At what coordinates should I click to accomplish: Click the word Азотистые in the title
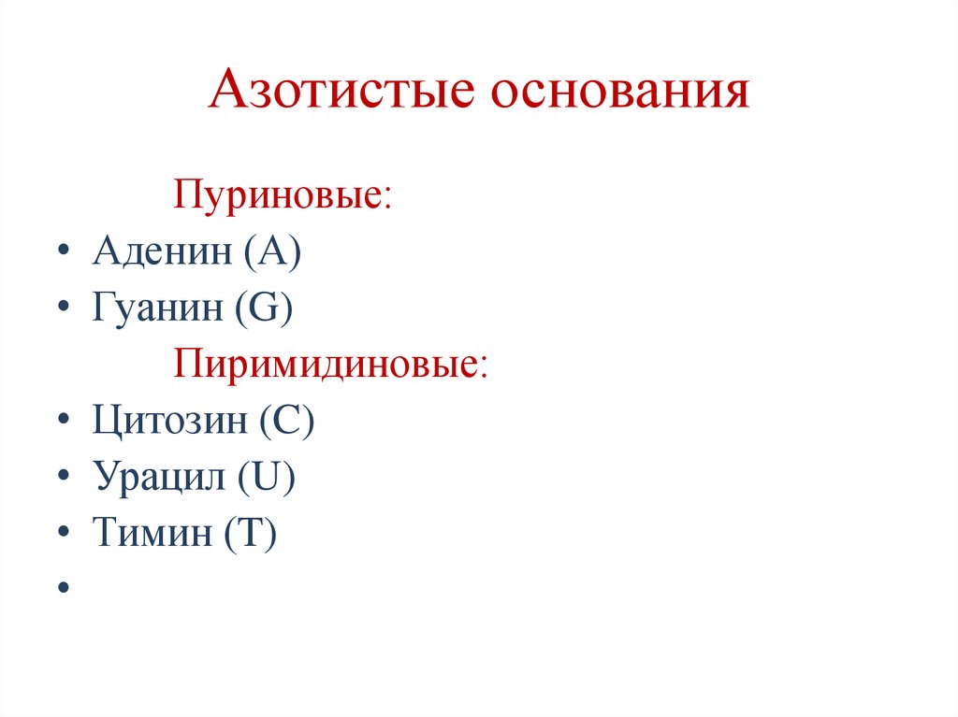[335, 93]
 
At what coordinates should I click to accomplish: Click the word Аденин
[162, 253]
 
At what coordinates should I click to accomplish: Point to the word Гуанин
[156, 309]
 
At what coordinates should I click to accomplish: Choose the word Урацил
[158, 478]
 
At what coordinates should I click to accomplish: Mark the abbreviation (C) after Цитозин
[287, 423]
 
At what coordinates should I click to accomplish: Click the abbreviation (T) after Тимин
[250, 535]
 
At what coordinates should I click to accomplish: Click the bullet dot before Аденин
[63, 254]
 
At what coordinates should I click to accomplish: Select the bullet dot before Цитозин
[63, 423]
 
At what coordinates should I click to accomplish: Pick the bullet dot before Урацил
[63, 479]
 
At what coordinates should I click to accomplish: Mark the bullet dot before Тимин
[63, 535]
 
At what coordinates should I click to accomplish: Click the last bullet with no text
[63, 588]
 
